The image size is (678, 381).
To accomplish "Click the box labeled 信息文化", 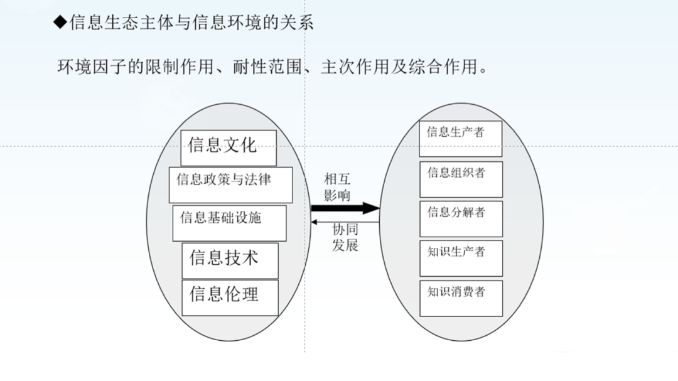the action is click(x=229, y=148).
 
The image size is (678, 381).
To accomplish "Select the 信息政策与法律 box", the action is click(x=230, y=185).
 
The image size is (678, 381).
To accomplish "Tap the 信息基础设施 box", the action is click(x=229, y=223).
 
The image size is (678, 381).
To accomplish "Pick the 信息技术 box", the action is click(x=230, y=260).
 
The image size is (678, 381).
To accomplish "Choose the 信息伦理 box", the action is click(x=230, y=298).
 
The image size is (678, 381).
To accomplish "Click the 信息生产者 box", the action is click(x=461, y=139).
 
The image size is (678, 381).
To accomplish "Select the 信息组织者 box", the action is click(x=461, y=180).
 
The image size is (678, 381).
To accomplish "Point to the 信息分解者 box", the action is click(x=461, y=219).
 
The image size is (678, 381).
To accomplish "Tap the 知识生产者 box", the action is click(x=461, y=259).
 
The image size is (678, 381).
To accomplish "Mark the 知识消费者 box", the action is click(x=461, y=298).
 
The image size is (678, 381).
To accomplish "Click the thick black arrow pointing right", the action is click(x=345, y=208).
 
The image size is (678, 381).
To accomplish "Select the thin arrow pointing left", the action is click(x=345, y=222).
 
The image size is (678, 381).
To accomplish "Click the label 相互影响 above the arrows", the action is click(x=337, y=187).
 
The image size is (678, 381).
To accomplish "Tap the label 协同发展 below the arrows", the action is click(x=345, y=237).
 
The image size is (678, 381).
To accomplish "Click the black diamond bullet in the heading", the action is click(x=60, y=22).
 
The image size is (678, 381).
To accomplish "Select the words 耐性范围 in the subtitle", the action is click(x=267, y=67).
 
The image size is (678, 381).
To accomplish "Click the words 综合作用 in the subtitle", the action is click(x=443, y=67).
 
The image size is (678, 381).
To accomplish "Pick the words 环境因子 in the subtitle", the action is click(x=92, y=67).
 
